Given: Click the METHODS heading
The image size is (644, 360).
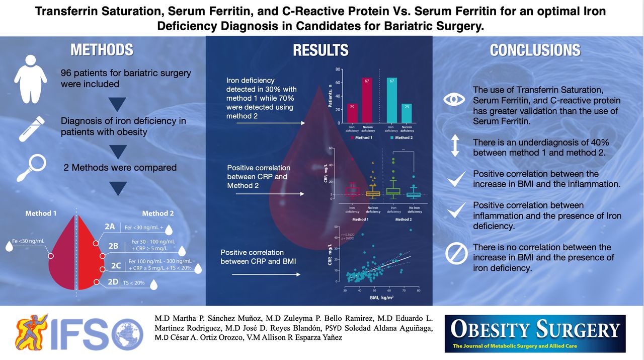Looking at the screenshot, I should pyautogui.click(x=102, y=50).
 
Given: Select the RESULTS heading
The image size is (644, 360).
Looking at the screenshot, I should pyautogui.click(x=320, y=50).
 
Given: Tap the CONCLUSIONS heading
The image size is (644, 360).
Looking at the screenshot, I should pyautogui.click(x=535, y=50).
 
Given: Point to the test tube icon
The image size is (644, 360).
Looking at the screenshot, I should pyautogui.click(x=31, y=128).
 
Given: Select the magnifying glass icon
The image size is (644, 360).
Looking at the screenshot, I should pyautogui.click(x=32, y=168).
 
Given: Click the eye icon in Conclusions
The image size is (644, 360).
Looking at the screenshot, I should pyautogui.click(x=454, y=99).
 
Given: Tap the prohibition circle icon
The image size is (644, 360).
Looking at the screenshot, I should pyautogui.click(x=456, y=254).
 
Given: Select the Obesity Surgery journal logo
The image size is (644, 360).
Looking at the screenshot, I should pyautogui.click(x=535, y=333).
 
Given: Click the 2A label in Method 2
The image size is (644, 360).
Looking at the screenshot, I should pyautogui.click(x=110, y=227).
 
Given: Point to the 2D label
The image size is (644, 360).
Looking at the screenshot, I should pyautogui.click(x=112, y=282).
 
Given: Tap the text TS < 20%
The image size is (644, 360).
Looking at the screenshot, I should pyautogui.click(x=134, y=283).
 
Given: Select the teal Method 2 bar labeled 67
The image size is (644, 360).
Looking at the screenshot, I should pyautogui.click(x=392, y=101).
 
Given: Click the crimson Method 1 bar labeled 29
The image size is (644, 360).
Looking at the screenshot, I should pyautogui.click(x=352, y=113).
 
